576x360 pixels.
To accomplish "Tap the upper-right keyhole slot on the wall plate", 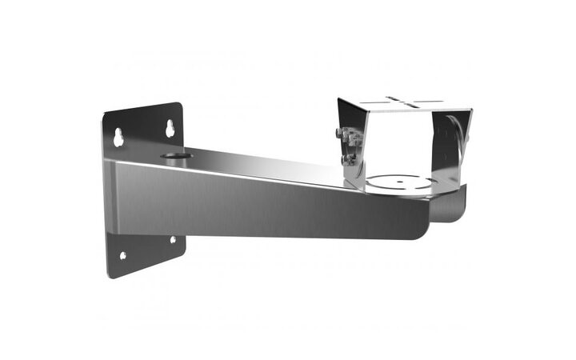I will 170,128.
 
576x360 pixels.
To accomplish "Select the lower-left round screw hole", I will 122,256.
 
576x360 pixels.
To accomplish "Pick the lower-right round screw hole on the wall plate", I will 172,239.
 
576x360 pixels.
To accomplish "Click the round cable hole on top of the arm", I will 170,155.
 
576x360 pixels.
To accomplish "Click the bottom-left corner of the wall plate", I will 110,274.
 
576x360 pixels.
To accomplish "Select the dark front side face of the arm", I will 264,200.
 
